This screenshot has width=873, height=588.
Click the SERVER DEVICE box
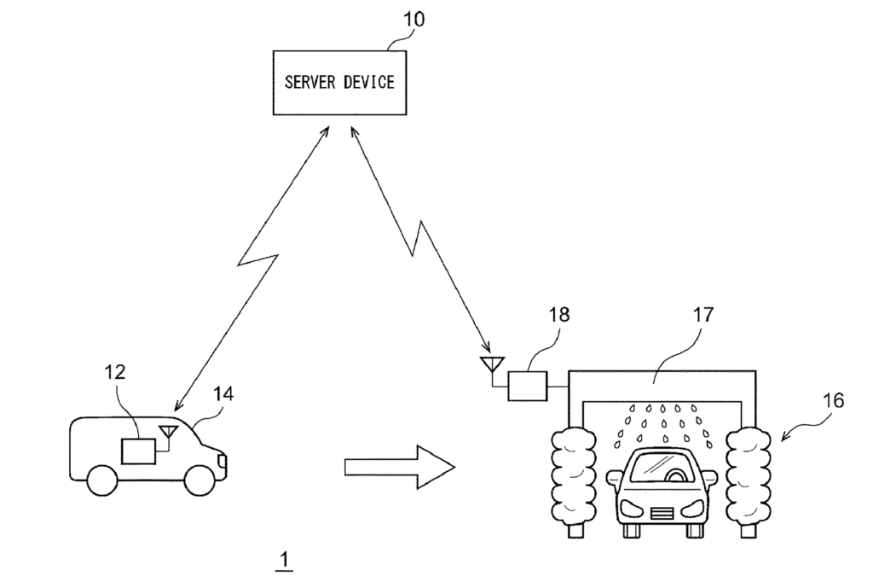tap(339, 82)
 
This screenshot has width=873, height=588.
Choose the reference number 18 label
tap(559, 316)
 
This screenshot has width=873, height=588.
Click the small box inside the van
tap(139, 450)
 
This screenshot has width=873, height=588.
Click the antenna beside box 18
tap(490, 367)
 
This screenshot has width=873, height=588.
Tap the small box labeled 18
tap(528, 386)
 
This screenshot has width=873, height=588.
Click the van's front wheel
tap(203, 479)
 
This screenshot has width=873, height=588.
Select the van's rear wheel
tap(101, 479)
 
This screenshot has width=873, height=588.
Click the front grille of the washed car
tap(662, 513)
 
